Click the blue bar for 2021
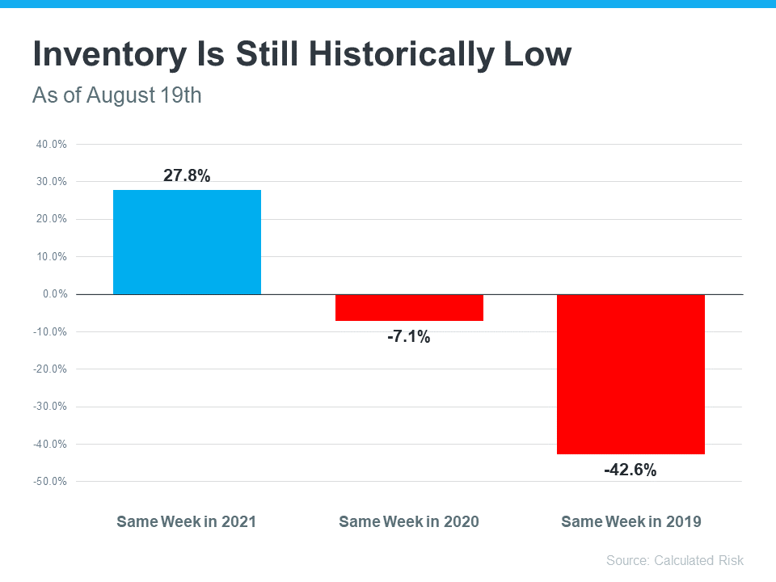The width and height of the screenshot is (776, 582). pyautogui.click(x=187, y=242)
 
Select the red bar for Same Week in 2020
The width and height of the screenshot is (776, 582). pyautogui.click(x=409, y=308)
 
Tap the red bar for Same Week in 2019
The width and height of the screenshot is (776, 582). pyautogui.click(x=630, y=374)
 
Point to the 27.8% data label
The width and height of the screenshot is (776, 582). pyautogui.click(x=187, y=175)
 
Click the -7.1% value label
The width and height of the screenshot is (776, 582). pyautogui.click(x=409, y=337)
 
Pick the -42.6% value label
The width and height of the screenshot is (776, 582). pyautogui.click(x=630, y=470)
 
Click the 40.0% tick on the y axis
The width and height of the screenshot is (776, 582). pyautogui.click(x=50, y=145)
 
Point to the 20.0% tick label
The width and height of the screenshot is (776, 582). pyautogui.click(x=50, y=219)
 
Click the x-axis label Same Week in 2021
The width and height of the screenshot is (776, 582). pyautogui.click(x=187, y=521)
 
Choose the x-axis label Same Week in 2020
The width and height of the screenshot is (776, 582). pyautogui.click(x=409, y=521)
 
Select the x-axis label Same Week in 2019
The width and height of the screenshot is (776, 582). pyautogui.click(x=630, y=521)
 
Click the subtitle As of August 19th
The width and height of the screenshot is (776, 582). pyautogui.click(x=116, y=95)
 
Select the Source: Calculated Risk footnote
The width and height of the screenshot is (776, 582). pyautogui.click(x=674, y=560)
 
